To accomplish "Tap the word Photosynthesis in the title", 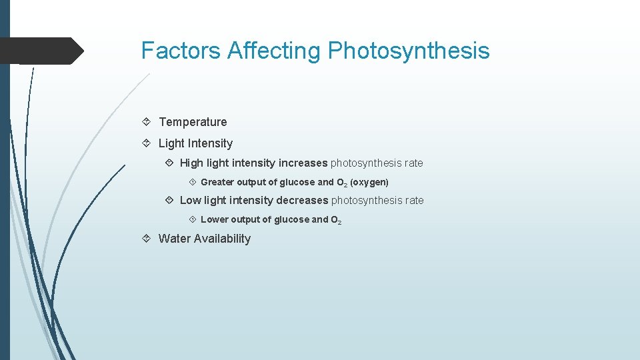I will point(408,51).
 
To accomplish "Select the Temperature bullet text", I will point(193,122).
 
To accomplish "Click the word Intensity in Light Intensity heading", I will point(210,143).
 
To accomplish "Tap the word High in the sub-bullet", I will point(191,163).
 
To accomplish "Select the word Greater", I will point(217,182).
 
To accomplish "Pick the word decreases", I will point(302,201).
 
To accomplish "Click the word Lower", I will point(214,219).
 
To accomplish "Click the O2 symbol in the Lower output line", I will point(336,220).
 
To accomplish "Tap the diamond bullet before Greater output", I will point(191,182).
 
